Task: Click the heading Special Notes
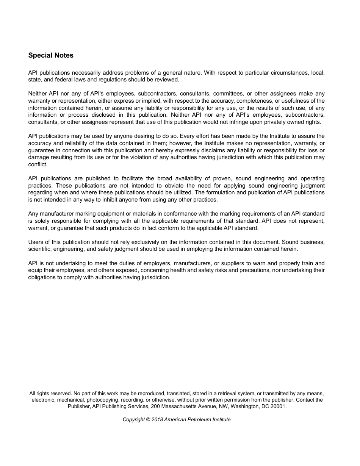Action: (51, 55)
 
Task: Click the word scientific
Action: (40, 249)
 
